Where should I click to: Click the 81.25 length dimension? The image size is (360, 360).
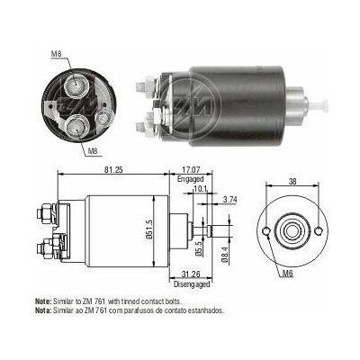113,169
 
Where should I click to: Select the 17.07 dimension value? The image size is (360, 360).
191,169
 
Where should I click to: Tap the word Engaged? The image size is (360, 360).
190,179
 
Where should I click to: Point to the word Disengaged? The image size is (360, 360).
192,284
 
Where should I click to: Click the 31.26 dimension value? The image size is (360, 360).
191,274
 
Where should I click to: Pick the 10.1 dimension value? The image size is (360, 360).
200,189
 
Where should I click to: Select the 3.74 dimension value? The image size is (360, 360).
230,200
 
